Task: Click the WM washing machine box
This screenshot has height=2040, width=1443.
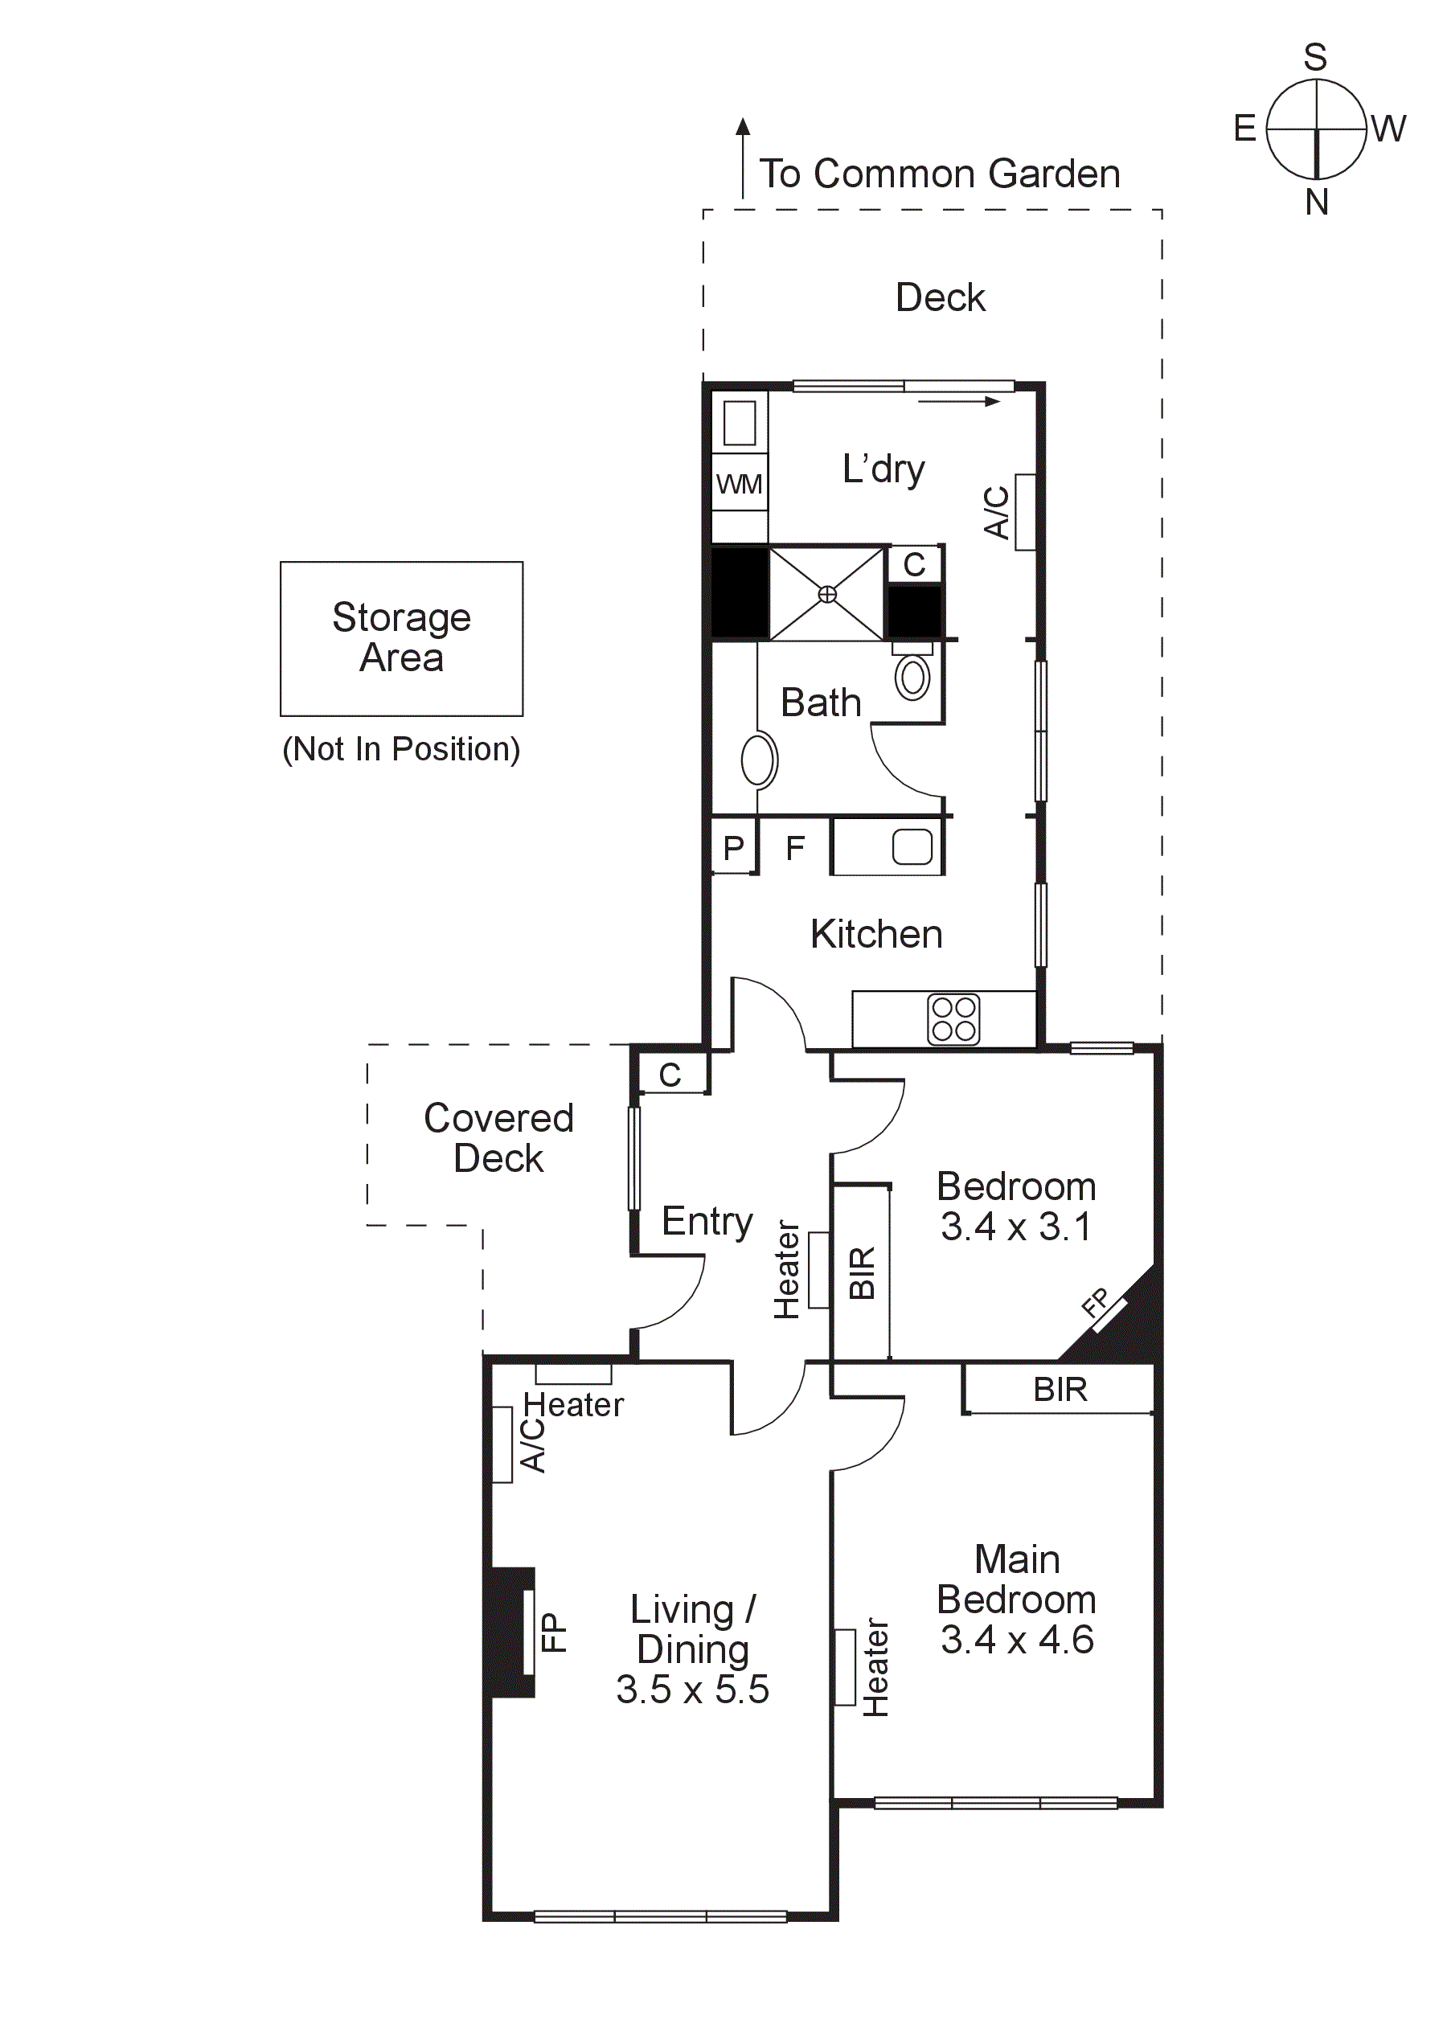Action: coord(740,484)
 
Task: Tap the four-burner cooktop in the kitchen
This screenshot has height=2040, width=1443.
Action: coord(953,1019)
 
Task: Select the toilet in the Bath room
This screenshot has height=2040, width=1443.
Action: coord(912,677)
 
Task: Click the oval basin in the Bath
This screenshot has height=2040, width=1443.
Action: coord(759,760)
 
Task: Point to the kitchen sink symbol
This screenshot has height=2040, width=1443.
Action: coord(912,846)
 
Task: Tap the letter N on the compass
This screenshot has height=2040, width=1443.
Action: coord(1316,203)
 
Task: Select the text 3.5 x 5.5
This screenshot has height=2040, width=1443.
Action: coord(692,1689)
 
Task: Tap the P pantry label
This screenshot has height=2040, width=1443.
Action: coord(733,849)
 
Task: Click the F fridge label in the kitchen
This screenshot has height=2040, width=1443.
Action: coord(794,849)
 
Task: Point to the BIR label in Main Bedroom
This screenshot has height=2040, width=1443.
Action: coord(1060,1390)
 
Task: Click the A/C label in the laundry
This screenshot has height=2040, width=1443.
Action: coord(997,512)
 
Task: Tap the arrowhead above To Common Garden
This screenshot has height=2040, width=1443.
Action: coord(743,127)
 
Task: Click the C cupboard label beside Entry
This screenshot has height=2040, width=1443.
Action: coord(670,1075)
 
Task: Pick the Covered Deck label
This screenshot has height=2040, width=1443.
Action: coord(498,1138)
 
